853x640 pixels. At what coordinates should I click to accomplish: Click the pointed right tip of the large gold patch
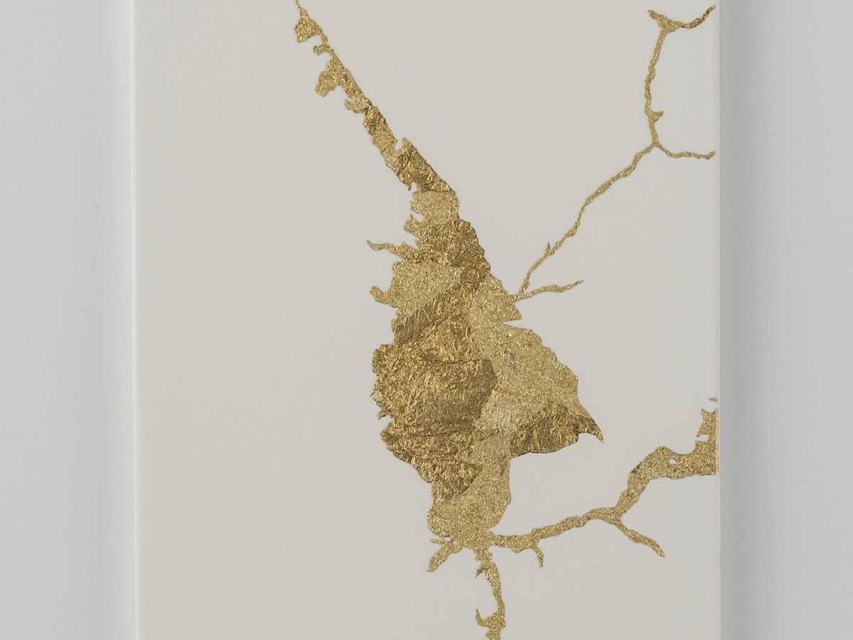point(601,437)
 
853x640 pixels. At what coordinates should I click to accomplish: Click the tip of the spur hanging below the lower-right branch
point(661,553)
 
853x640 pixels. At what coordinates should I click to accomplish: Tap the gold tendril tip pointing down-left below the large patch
point(431,567)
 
